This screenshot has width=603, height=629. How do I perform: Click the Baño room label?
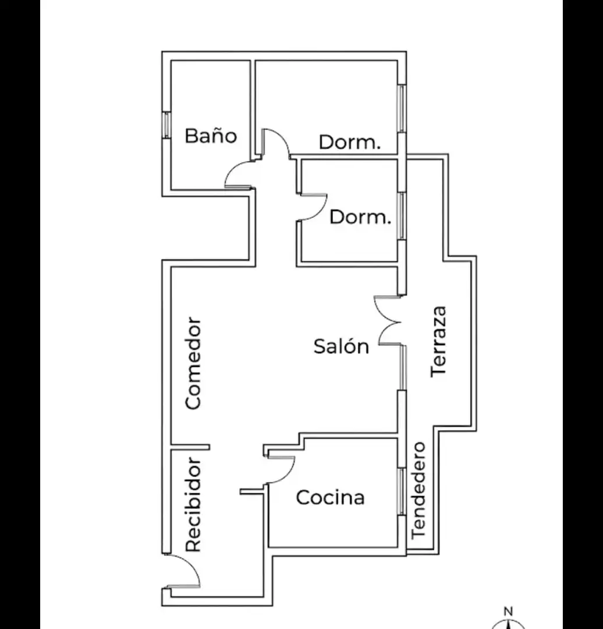click(x=211, y=135)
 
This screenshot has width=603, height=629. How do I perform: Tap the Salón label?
click(x=341, y=346)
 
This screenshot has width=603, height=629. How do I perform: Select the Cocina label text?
click(x=331, y=497)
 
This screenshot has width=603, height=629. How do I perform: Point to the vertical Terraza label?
click(x=438, y=342)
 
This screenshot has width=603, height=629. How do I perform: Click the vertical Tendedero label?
click(x=418, y=490)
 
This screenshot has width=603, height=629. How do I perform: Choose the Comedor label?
click(x=193, y=363)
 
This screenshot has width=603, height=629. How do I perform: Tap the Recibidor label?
click(x=193, y=504)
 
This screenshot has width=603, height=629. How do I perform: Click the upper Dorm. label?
click(x=349, y=142)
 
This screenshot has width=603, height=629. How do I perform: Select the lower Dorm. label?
click(x=360, y=217)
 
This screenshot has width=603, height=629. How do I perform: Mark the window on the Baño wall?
click(x=166, y=125)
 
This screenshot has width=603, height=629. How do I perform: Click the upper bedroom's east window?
click(x=402, y=108)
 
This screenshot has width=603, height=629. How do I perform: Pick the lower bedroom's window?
click(x=402, y=217)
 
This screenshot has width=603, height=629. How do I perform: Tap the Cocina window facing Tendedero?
click(x=402, y=492)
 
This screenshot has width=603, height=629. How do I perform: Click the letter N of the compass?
click(x=508, y=612)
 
